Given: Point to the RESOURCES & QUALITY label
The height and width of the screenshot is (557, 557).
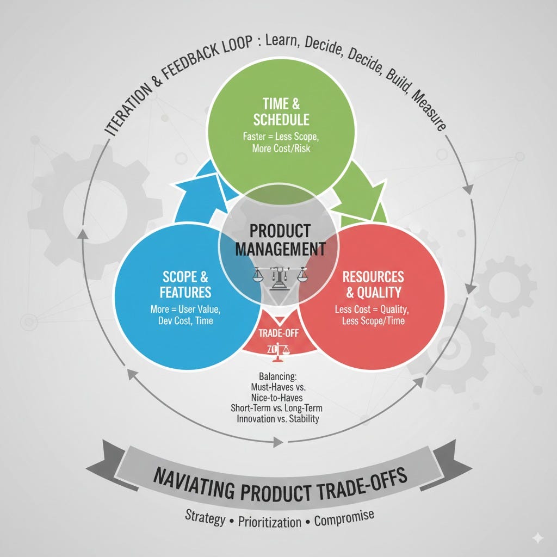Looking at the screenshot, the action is pyautogui.click(x=373, y=284).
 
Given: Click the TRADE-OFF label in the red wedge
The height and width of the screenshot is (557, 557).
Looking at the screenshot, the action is pyautogui.click(x=278, y=333).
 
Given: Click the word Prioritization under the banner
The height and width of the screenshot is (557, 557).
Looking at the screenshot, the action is pyautogui.click(x=270, y=521).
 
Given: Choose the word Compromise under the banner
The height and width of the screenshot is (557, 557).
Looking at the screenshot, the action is pyautogui.click(x=344, y=517).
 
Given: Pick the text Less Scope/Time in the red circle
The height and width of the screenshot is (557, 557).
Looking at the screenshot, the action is pyautogui.click(x=373, y=321).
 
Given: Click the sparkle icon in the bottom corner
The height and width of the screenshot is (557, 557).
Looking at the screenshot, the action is pyautogui.click(x=537, y=537).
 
